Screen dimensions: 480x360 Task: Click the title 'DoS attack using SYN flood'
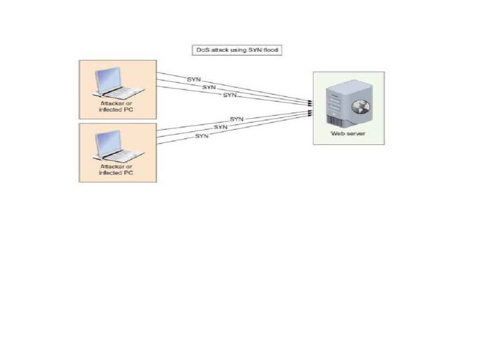tap(237, 50)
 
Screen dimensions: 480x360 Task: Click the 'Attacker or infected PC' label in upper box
tap(116, 106)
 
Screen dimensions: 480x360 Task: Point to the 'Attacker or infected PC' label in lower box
tap(116, 170)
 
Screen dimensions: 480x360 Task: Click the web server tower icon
tap(349, 104)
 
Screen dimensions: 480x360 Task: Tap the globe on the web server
tap(360, 107)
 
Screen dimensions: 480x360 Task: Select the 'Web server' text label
tap(348, 134)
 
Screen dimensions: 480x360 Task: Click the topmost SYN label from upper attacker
tap(194, 79)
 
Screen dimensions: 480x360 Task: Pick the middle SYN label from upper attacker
tap(209, 87)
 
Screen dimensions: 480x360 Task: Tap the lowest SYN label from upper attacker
tap(230, 95)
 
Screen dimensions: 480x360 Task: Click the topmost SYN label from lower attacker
tap(237, 119)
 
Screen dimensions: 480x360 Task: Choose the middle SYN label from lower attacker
tap(221, 127)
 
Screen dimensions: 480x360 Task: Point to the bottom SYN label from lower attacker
tap(202, 136)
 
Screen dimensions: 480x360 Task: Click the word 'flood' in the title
tap(270, 50)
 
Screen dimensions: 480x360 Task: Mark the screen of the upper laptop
tap(108, 79)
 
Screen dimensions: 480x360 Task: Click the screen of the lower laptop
tap(108, 142)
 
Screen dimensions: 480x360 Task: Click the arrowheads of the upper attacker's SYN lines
tap(310, 103)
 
